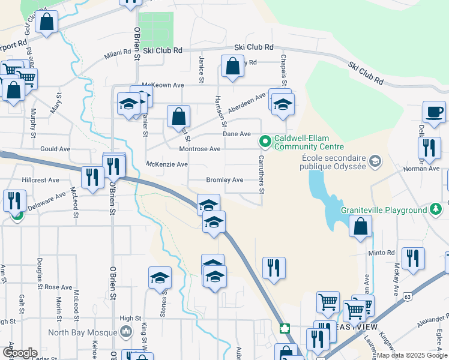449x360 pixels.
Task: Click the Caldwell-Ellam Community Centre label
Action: tap(309, 142)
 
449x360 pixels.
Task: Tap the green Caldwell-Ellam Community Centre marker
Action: tap(264, 142)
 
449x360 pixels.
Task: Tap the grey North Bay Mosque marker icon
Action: tap(126, 331)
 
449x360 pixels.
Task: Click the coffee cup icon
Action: tap(434, 112)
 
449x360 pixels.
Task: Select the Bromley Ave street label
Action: tap(224, 179)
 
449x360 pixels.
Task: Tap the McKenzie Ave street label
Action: tap(167, 164)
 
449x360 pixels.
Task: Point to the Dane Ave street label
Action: tap(237, 134)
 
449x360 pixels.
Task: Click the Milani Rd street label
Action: tap(117, 53)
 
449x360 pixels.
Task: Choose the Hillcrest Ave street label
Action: tap(41, 179)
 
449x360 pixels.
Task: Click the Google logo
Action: tap(19, 353)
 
